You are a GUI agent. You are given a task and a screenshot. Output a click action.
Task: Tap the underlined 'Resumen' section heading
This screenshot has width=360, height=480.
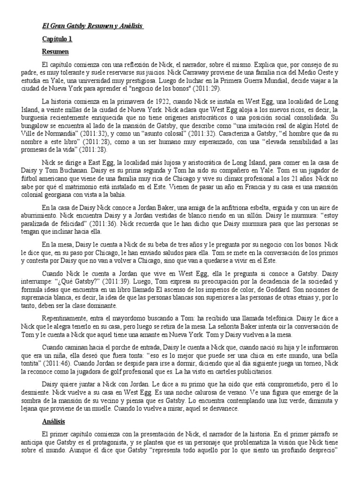point(55,51)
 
